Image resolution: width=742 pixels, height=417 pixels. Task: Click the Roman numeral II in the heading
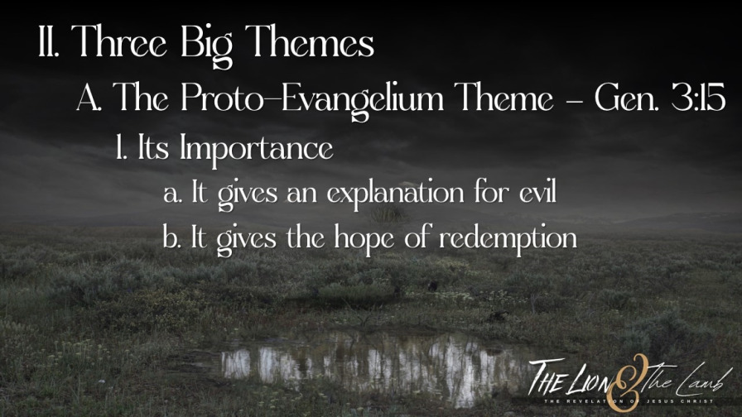[49, 41]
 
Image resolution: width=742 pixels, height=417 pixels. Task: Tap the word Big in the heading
[207, 45]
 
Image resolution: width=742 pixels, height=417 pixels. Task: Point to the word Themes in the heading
[310, 41]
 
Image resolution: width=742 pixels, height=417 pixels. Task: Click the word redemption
[508, 238]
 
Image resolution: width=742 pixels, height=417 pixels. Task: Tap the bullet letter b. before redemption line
[171, 237]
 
